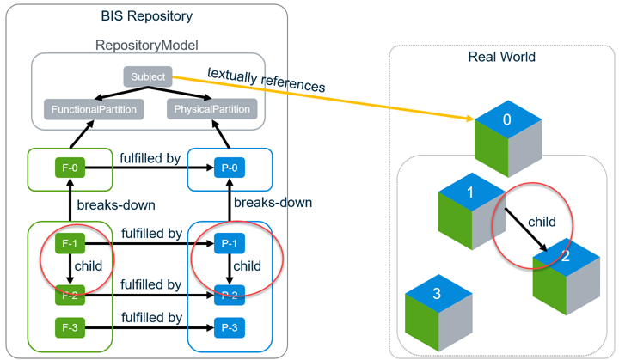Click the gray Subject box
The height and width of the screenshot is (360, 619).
coord(147,76)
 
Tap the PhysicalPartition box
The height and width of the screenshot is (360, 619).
coord(211,109)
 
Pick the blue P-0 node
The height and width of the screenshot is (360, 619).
coord(229,168)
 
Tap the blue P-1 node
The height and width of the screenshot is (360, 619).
coord(229,245)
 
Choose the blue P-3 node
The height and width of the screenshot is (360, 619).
coord(229,327)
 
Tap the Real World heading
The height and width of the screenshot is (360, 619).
coord(501,57)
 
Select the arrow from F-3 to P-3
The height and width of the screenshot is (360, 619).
coord(150,328)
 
